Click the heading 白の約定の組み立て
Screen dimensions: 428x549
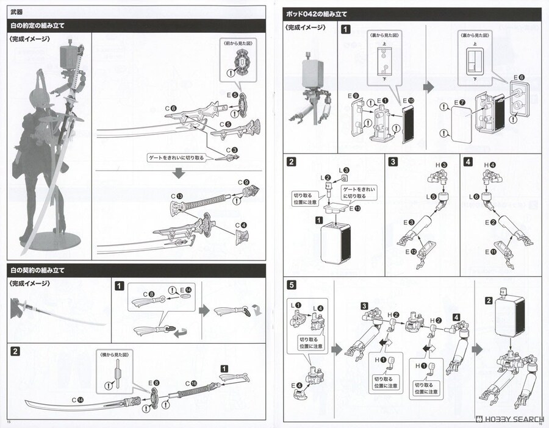coord(37,25)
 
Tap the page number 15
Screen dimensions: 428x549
coord(8,423)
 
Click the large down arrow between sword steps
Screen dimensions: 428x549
coord(178,173)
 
